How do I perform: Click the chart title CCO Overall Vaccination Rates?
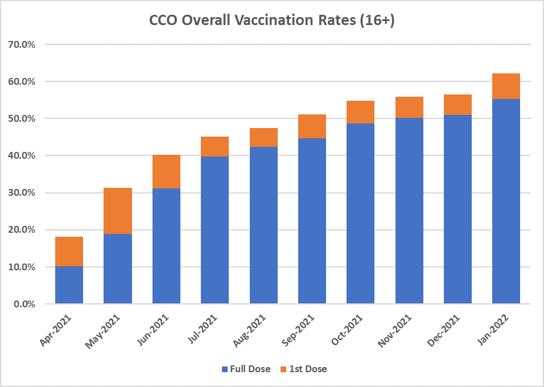click(x=272, y=20)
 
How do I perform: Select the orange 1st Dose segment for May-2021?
click(x=118, y=211)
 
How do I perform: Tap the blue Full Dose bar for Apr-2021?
click(x=69, y=285)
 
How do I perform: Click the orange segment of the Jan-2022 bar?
click(x=506, y=86)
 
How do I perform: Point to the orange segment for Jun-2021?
click(x=166, y=171)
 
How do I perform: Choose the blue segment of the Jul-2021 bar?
click(x=215, y=230)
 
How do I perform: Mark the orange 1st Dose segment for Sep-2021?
click(x=312, y=126)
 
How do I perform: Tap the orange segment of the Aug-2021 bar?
click(x=263, y=137)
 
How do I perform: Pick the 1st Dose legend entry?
click(x=304, y=369)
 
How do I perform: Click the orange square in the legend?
click(x=285, y=369)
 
